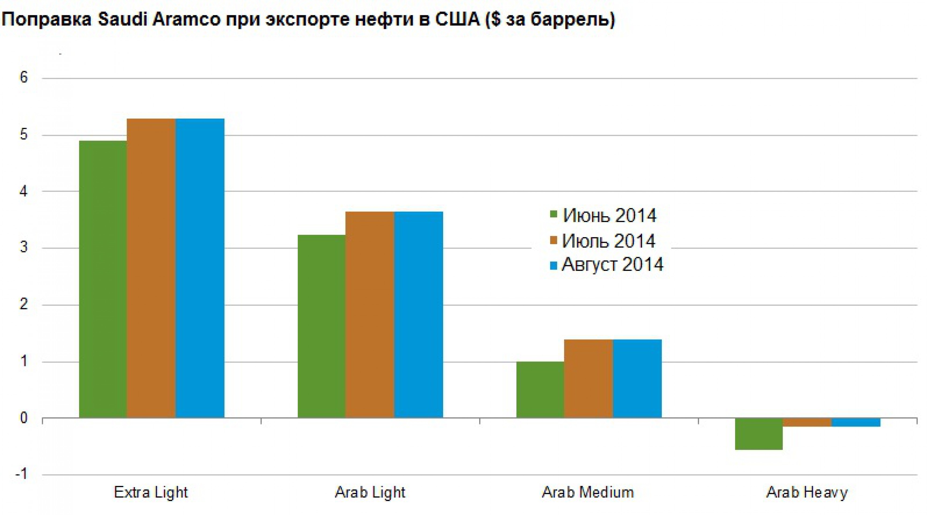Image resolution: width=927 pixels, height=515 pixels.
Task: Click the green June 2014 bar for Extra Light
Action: click(x=103, y=279)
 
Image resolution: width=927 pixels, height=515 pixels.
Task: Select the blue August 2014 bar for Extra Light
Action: click(x=200, y=268)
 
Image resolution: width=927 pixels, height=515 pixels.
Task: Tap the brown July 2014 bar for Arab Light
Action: click(x=370, y=314)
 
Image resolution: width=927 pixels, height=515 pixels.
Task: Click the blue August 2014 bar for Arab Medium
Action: click(x=637, y=378)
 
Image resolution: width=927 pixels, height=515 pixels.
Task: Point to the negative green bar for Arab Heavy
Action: click(x=758, y=433)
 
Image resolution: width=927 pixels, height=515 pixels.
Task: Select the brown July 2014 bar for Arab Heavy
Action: click(x=807, y=422)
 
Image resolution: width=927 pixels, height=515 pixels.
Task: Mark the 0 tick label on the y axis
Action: click(x=24, y=418)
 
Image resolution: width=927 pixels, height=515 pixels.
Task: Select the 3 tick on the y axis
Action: click(x=24, y=248)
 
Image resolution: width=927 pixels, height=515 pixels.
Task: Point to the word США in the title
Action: click(x=457, y=20)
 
